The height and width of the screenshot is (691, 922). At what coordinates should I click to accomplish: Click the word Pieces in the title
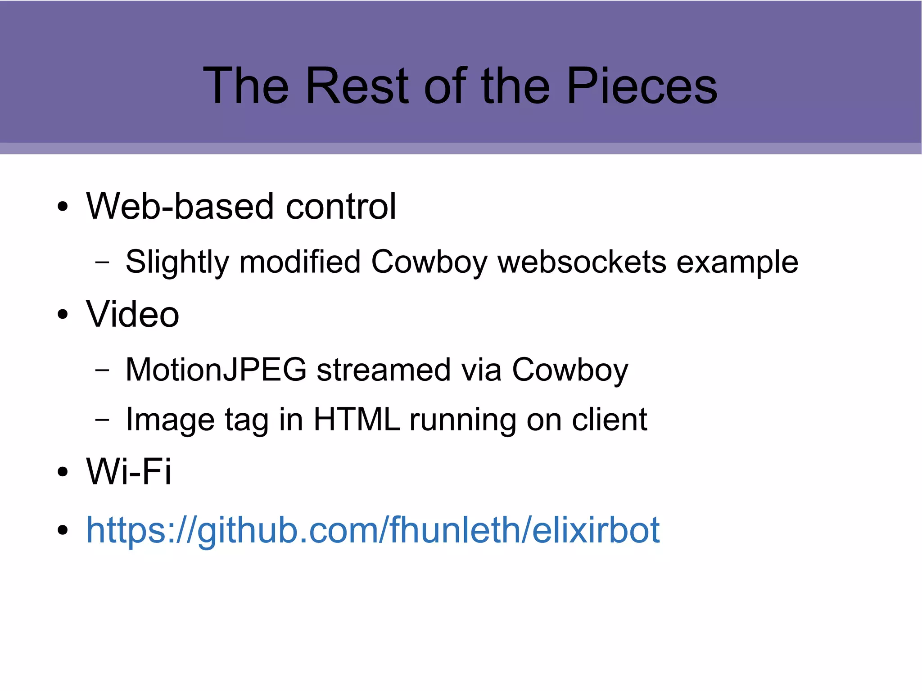(x=642, y=86)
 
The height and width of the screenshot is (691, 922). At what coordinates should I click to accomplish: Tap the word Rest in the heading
(x=357, y=86)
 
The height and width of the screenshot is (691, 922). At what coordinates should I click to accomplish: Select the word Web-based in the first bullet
(x=180, y=206)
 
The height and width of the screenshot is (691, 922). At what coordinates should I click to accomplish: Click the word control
(x=341, y=206)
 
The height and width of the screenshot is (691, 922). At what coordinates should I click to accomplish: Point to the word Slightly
(x=177, y=262)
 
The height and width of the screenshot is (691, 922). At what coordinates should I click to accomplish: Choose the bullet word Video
(x=133, y=314)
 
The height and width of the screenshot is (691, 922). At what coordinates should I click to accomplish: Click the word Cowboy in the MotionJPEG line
(x=570, y=370)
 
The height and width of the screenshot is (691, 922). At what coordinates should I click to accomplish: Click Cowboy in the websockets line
(x=429, y=262)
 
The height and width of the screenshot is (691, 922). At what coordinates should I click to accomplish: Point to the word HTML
(x=357, y=420)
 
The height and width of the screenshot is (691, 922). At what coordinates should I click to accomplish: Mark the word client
(x=610, y=420)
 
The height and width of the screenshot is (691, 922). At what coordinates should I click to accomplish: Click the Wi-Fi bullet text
(x=129, y=471)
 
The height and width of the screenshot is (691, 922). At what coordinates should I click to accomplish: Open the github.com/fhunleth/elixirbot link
(x=373, y=530)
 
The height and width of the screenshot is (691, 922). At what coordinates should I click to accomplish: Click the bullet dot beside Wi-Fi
(x=63, y=472)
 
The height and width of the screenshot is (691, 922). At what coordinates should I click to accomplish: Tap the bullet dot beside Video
(x=63, y=315)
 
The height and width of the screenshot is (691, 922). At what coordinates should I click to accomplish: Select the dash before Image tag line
(x=102, y=420)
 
